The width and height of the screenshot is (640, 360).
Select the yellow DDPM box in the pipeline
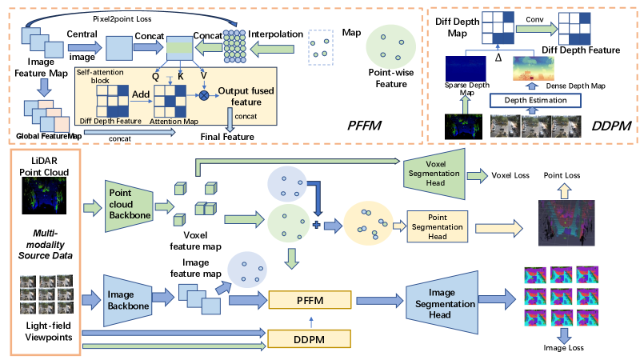coord(310,339)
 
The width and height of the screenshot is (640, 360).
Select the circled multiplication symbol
coord(204,94)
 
